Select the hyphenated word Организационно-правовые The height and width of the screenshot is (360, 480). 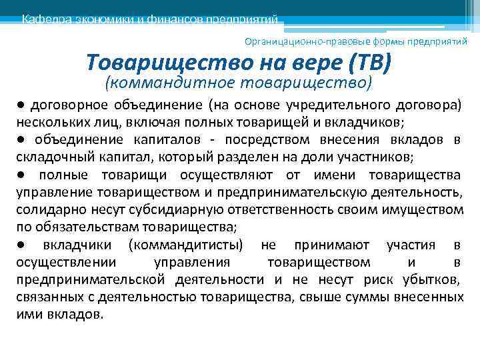pos(295,41)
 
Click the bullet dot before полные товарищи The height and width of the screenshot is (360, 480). pos(22,174)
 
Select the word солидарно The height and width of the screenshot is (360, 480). pos(45,210)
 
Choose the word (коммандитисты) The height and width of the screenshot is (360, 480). pos(187,245)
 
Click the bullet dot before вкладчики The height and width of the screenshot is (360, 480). pos(22,244)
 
